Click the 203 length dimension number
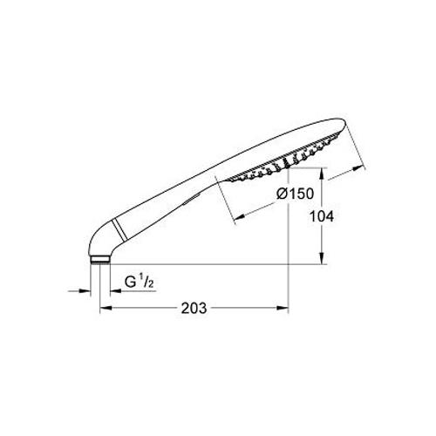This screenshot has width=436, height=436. (194, 308)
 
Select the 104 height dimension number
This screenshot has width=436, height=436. (321, 216)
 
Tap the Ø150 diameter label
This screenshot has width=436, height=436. (295, 194)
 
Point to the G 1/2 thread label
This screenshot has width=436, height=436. (139, 282)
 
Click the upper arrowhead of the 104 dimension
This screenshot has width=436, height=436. (322, 174)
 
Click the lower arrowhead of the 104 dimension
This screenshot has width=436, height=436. (322, 258)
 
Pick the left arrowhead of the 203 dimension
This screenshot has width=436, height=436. (106, 308)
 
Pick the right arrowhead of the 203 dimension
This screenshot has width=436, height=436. (282, 308)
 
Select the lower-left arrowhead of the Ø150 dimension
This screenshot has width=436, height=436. (240, 216)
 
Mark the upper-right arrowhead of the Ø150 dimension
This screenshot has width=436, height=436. (358, 168)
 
